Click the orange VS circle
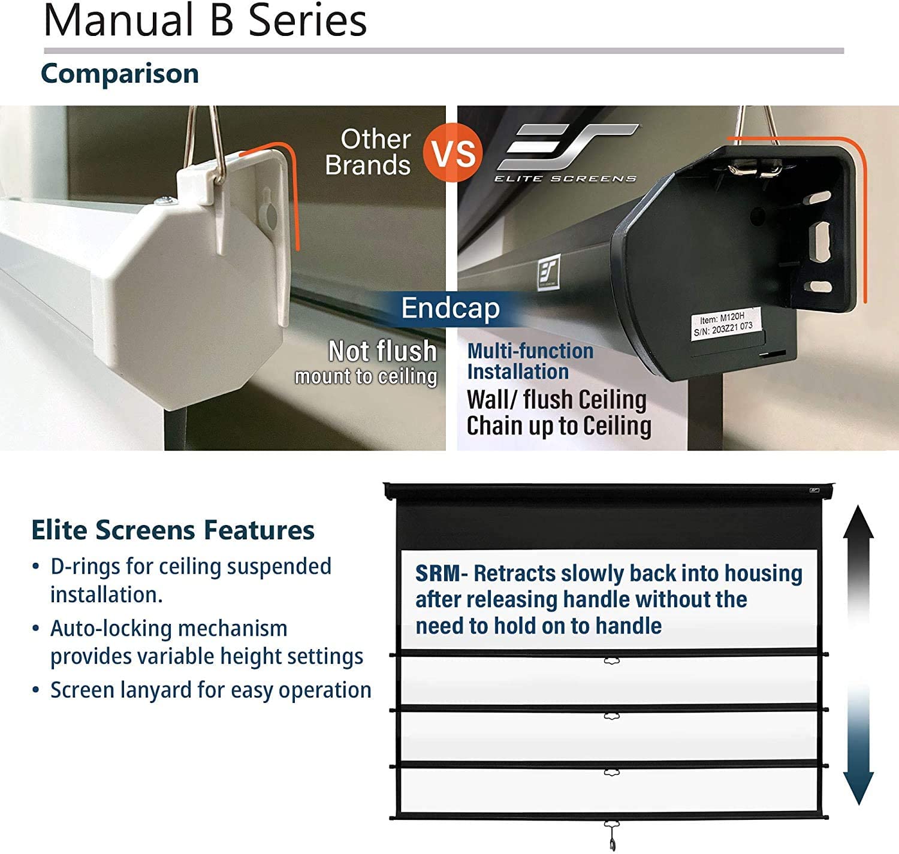pyautogui.click(x=452, y=152)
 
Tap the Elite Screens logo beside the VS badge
pyautogui.click(x=567, y=153)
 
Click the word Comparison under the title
pyautogui.click(x=120, y=74)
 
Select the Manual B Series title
pyautogui.click(x=206, y=20)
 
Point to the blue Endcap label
pyautogui.click(x=451, y=308)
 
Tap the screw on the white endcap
pyautogui.click(x=165, y=201)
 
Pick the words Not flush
pyautogui.click(x=382, y=351)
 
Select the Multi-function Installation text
pyautogui.click(x=530, y=361)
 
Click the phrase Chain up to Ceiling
pyautogui.click(x=559, y=426)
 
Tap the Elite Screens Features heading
pyautogui.click(x=173, y=530)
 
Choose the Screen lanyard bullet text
pyautogui.click(x=211, y=690)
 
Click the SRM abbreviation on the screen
pyautogui.click(x=438, y=574)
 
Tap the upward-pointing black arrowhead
pyautogui.click(x=858, y=522)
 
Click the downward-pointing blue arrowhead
pyautogui.click(x=858, y=787)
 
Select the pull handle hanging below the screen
pyautogui.click(x=612, y=835)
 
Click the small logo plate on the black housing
pyautogui.click(x=548, y=273)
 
